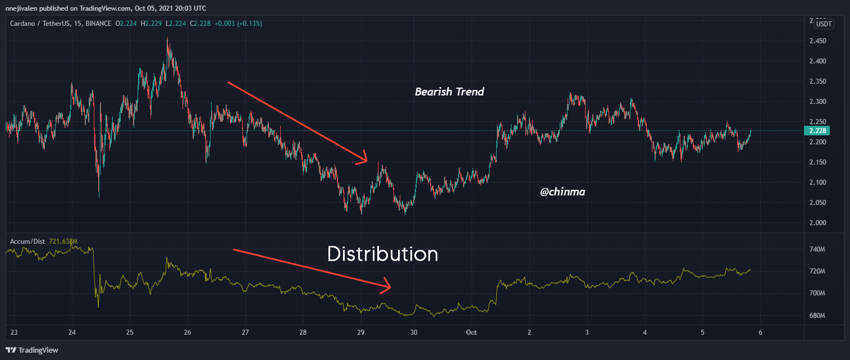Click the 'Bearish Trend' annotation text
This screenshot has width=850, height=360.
pyautogui.click(x=449, y=92)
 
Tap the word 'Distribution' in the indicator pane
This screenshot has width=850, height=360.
pyautogui.click(x=382, y=254)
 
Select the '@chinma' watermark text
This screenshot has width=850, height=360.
pyautogui.click(x=563, y=192)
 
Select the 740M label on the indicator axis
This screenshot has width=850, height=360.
pyautogui.click(x=817, y=249)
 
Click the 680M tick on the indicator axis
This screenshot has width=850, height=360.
pyautogui.click(x=817, y=316)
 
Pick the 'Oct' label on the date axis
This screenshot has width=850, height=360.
pyautogui.click(x=472, y=332)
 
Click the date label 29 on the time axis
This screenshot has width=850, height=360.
pyautogui.click(x=361, y=332)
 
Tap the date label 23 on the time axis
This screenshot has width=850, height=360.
pyautogui.click(x=14, y=332)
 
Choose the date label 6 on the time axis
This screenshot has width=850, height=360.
pyautogui.click(x=760, y=332)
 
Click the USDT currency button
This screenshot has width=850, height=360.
pyautogui.click(x=824, y=24)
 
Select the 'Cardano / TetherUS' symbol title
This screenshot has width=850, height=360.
pyautogui.click(x=40, y=24)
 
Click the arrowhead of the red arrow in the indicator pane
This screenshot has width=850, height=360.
pyautogui.click(x=389, y=289)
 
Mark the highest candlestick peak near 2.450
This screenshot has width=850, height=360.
pyautogui.click(x=167, y=39)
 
